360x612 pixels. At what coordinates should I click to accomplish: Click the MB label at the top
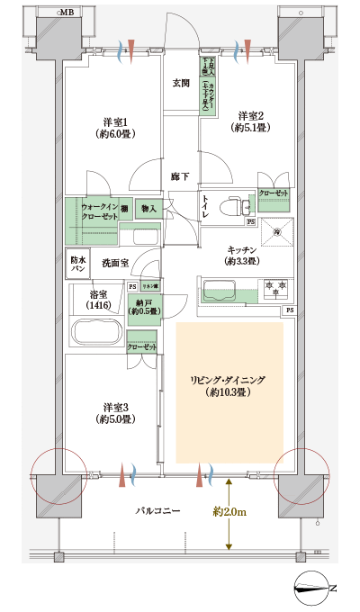pyautogui.click(x=67, y=13)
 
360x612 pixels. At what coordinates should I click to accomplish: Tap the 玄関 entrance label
pyautogui.click(x=181, y=84)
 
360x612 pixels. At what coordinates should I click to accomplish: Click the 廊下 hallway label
pyautogui.click(x=181, y=176)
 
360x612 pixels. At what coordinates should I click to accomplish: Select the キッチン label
pyautogui.click(x=243, y=254)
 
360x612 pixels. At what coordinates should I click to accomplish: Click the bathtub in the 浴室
pyautogui.click(x=96, y=332)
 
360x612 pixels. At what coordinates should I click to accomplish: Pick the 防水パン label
pyautogui.click(x=78, y=264)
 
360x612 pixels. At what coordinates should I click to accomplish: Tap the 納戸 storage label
pyautogui.click(x=143, y=306)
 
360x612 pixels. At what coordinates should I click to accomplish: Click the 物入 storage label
pyautogui.click(x=148, y=210)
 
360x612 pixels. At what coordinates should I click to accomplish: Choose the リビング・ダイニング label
pyautogui.click(x=229, y=386)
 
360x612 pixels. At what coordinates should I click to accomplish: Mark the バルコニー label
pyautogui.click(x=158, y=510)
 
